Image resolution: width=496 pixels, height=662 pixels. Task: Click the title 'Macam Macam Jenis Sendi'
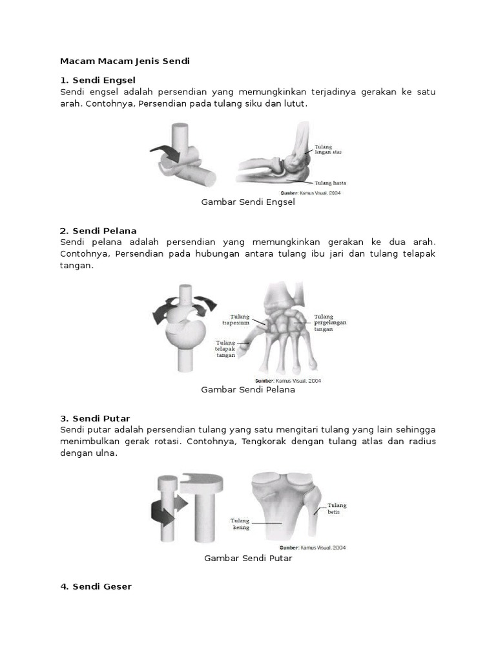click(125, 61)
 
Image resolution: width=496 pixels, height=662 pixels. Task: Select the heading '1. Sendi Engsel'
click(98, 80)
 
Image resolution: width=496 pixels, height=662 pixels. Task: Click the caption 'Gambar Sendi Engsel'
click(248, 202)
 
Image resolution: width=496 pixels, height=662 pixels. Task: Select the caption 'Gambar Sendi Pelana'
click(248, 390)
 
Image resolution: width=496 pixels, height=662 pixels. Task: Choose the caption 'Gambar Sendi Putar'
click(248, 558)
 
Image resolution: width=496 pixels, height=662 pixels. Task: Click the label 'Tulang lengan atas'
click(328, 149)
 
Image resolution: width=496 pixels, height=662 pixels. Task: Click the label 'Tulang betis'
click(336, 508)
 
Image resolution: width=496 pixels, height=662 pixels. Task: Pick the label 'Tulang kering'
click(240, 524)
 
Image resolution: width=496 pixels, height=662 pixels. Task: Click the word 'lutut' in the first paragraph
click(295, 103)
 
